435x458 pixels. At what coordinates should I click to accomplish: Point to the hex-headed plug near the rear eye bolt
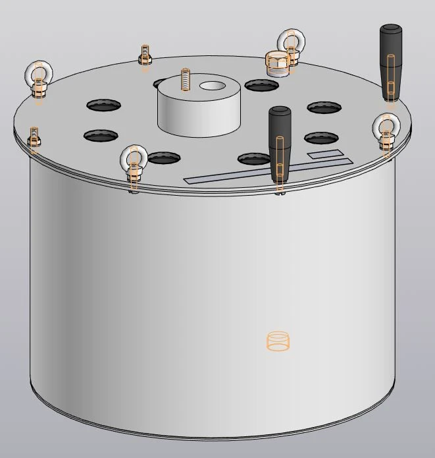point(276,63)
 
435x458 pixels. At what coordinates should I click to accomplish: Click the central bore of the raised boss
point(212,86)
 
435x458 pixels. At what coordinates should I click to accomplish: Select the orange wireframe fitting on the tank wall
point(278,341)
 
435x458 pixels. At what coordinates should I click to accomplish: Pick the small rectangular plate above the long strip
point(325,156)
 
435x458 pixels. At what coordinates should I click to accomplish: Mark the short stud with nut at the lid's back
point(145,55)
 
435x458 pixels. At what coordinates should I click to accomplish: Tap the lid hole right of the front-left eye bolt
point(164,157)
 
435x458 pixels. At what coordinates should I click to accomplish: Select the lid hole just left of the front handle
point(253,158)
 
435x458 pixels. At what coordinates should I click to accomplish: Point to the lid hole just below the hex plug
point(262,85)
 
